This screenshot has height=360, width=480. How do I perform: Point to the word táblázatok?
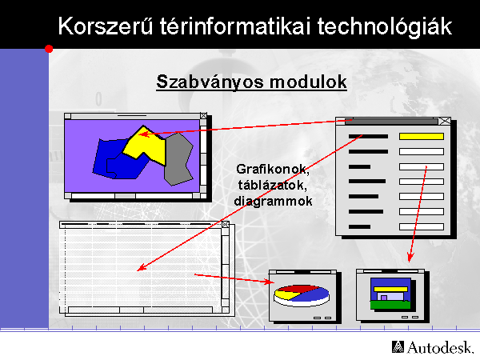coord(273,185)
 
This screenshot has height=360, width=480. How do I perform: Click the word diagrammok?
coord(273,201)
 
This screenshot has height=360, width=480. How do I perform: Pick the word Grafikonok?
coord(273,170)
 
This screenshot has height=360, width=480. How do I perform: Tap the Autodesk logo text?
coord(433,347)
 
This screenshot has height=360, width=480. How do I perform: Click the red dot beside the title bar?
coord(49,49)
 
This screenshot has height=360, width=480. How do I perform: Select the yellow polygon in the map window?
coord(145,146)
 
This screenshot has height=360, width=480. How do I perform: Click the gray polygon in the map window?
coord(178,159)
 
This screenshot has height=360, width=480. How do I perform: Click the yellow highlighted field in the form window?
coord(422,137)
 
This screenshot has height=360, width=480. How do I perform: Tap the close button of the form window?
coord(445,122)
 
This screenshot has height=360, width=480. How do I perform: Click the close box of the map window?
coord(203,116)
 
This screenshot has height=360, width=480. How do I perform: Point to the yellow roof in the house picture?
coord(391,289)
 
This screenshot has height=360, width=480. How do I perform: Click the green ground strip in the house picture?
coord(390,305)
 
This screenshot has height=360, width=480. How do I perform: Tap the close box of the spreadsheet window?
coord(226,224)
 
